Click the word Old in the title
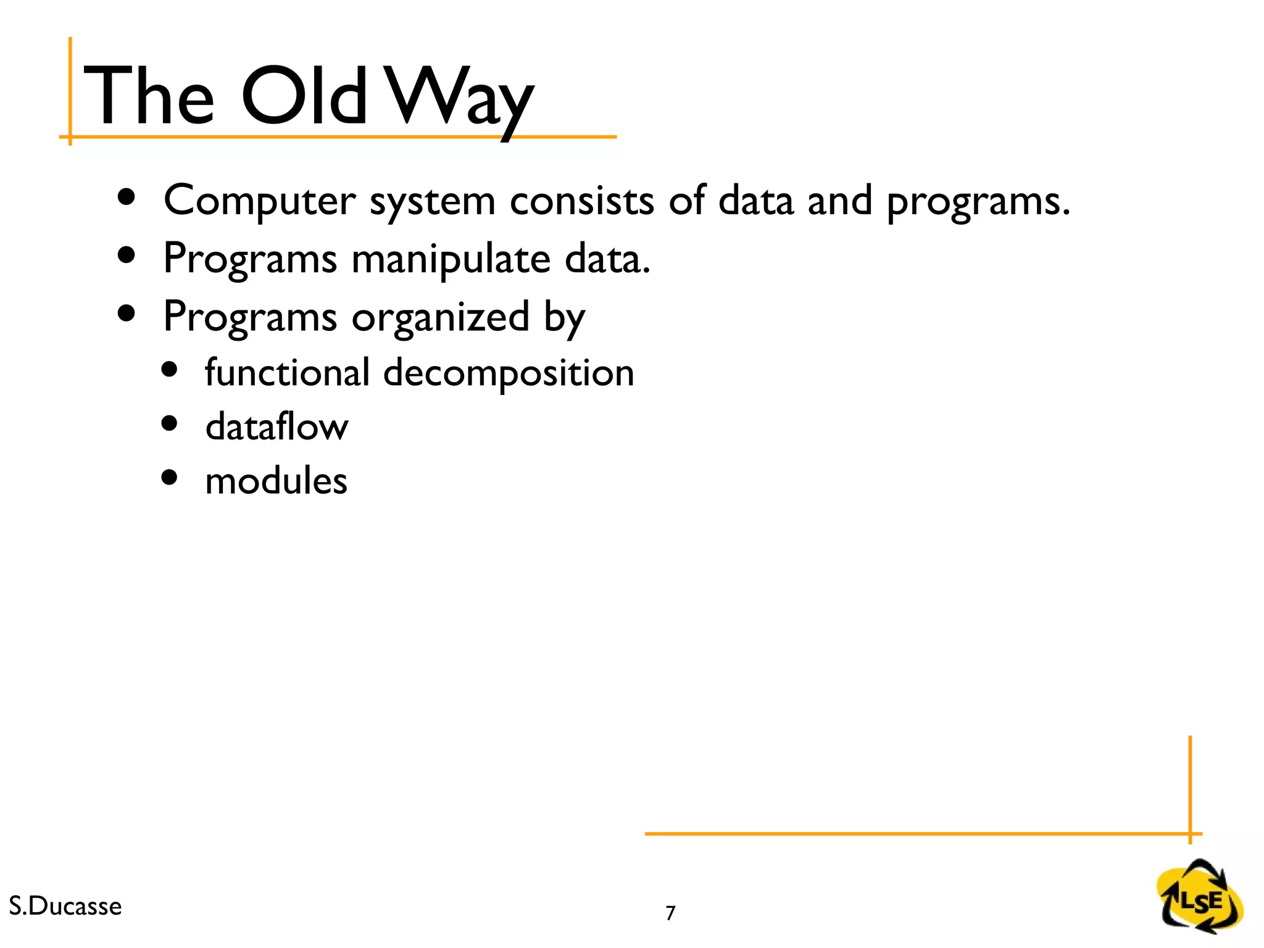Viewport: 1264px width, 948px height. click(304, 96)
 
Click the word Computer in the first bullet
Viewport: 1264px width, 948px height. click(259, 201)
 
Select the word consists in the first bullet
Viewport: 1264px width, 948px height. click(581, 201)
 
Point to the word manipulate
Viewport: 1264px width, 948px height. click(451, 259)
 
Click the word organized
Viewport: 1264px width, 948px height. click(440, 317)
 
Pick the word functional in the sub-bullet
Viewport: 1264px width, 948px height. click(287, 373)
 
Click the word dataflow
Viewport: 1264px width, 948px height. click(276, 427)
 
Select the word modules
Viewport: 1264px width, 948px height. click(276, 481)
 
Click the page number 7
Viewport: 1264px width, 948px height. click(670, 913)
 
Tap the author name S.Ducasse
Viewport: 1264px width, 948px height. click(65, 906)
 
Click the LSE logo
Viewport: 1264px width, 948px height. click(1199, 897)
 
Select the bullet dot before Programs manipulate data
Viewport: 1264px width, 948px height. click(127, 255)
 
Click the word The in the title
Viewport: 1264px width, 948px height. click(149, 96)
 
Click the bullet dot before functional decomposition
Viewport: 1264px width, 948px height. click(169, 369)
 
